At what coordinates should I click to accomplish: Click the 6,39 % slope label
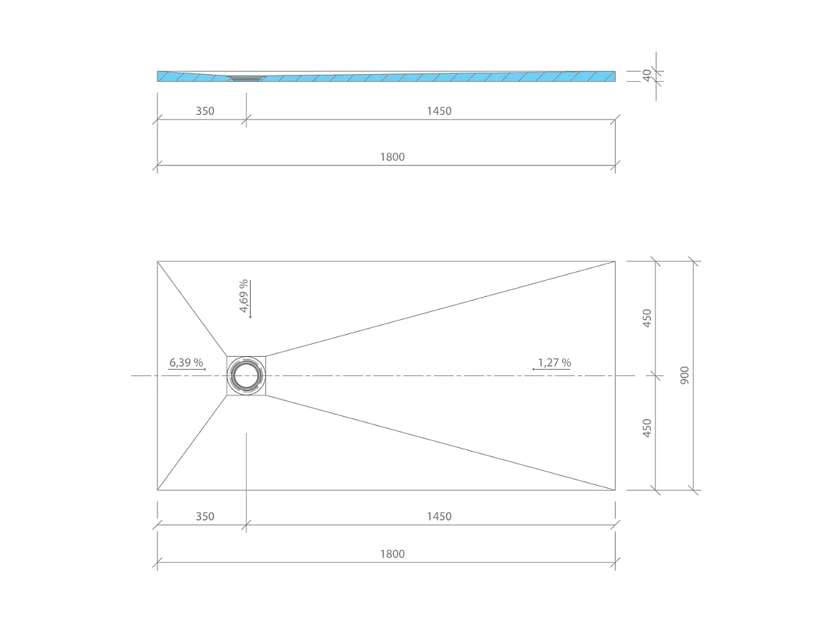coord(186,363)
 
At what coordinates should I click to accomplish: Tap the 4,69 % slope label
coord(244,296)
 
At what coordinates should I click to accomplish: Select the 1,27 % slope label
coord(554,363)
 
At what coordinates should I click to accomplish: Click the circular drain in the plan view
coord(247,375)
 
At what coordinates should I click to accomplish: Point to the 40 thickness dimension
coord(647,76)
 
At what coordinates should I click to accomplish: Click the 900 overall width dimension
coord(685,375)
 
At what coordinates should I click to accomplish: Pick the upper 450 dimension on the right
coord(647,318)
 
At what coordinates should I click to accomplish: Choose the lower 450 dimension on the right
coord(647,428)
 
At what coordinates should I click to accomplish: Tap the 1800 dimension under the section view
coord(392,157)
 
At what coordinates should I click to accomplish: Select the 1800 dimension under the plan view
coord(392,553)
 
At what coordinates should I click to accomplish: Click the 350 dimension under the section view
coord(205,111)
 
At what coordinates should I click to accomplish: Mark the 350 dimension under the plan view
coord(205,516)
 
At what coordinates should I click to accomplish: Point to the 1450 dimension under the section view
coord(439,111)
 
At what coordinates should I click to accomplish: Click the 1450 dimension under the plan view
coord(439,516)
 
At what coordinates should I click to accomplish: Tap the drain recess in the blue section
coord(247,78)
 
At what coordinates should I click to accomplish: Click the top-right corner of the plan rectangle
coord(615,261)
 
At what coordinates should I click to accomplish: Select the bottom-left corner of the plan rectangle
coord(157,490)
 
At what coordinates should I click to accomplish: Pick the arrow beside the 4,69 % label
coord(251,299)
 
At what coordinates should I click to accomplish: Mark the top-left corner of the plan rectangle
coord(157,261)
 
